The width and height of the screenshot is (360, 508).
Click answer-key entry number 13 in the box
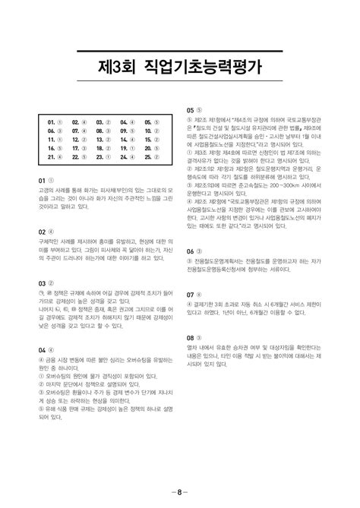click(104, 140)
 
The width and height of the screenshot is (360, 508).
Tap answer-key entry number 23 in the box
click(104, 157)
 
